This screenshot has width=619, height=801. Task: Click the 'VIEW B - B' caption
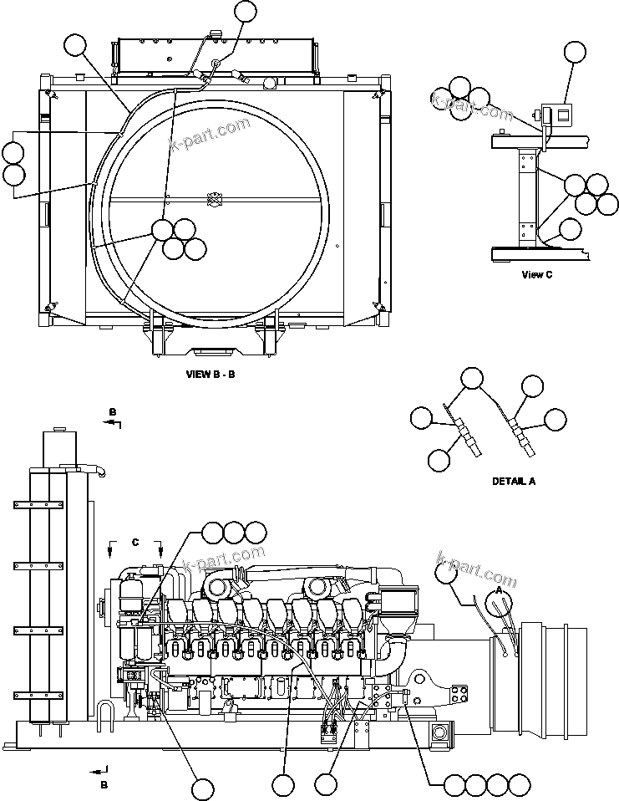pos(211,374)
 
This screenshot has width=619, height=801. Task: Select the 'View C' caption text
pos(536,274)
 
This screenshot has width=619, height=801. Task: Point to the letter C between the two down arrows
pos(134,542)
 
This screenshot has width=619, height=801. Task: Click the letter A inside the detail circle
pos(499,589)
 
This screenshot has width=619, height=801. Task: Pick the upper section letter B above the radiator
pos(112,412)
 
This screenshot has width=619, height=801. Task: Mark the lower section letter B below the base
pos(104,784)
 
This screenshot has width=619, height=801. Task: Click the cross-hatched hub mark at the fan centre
pos(215,198)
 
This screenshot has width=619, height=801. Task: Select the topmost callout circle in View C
pos(575,52)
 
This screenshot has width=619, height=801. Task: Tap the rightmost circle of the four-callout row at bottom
pos(520,784)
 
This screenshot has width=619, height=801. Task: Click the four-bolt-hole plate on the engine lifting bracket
pos(459,694)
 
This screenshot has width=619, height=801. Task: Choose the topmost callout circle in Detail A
pos(472,379)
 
